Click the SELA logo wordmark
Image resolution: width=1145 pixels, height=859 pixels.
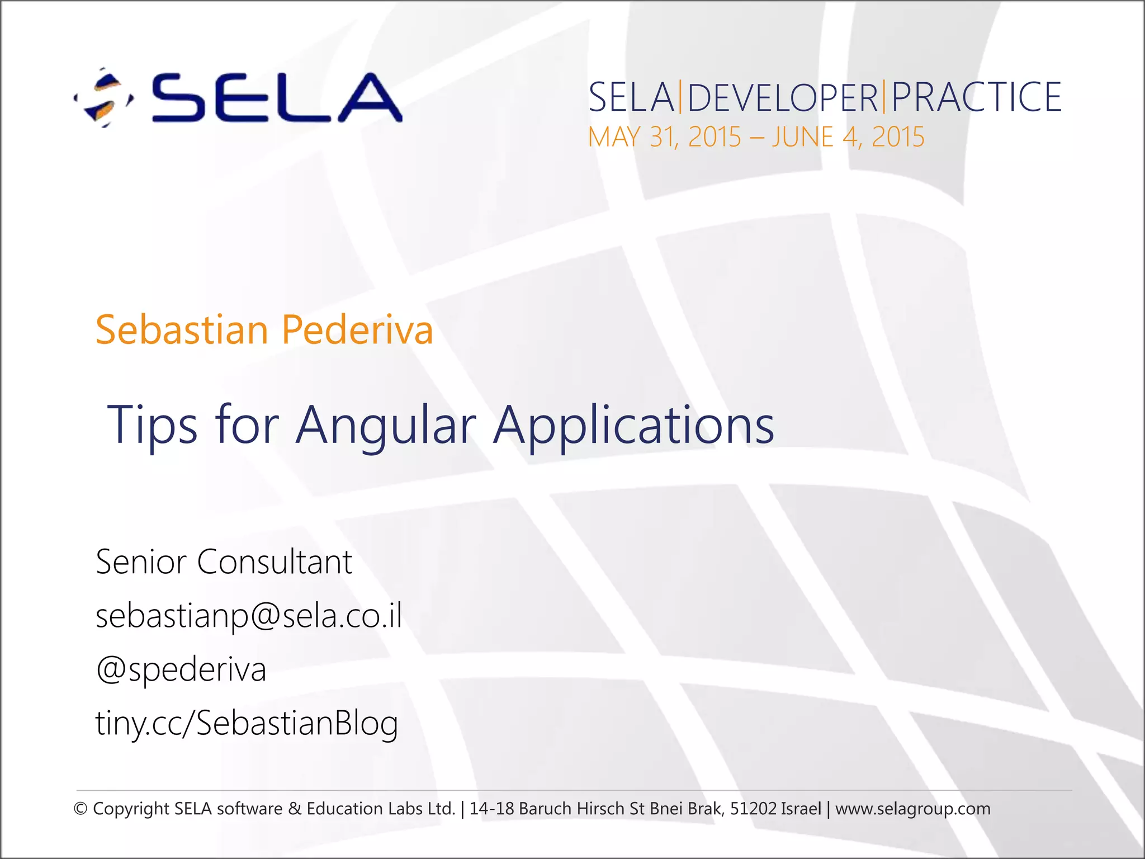[x=277, y=98]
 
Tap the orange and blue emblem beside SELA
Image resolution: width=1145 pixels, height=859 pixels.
[x=104, y=98]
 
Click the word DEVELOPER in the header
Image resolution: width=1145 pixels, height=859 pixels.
[x=782, y=97]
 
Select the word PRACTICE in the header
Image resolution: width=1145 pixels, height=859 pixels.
[x=976, y=97]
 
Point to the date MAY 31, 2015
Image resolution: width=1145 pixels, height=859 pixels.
[x=664, y=137]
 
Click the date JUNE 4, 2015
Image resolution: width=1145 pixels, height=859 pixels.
[x=848, y=137]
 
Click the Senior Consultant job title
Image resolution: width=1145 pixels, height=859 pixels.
[x=224, y=561]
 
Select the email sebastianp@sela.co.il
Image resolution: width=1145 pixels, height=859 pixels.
[x=249, y=616]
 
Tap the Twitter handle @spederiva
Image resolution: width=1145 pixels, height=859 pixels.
[x=181, y=670]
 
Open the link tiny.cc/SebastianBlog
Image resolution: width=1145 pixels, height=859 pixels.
[x=247, y=724]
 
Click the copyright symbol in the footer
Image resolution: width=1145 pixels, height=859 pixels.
[x=81, y=809]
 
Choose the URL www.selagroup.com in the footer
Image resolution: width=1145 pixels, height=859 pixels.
[x=912, y=809]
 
